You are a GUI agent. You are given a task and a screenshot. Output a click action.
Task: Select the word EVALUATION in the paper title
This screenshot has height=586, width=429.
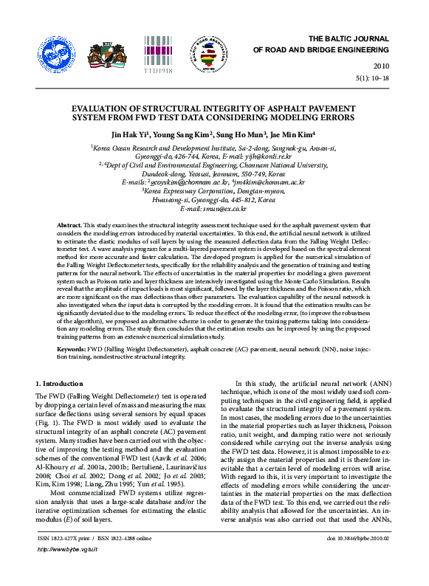click(x=103, y=108)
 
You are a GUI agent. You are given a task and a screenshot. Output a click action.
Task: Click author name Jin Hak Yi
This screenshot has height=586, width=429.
click(x=130, y=135)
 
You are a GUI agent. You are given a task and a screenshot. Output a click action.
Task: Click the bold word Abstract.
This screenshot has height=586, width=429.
click(x=69, y=223)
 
